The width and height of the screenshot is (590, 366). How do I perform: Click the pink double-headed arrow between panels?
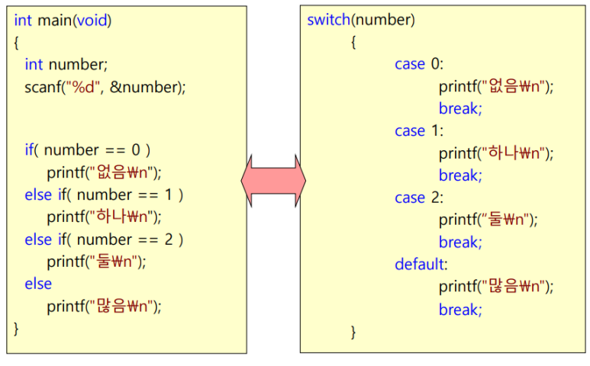273,180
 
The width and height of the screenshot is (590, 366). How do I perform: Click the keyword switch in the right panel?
327,20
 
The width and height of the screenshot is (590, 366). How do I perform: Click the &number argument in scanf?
144,87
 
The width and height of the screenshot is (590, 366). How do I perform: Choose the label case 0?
419,64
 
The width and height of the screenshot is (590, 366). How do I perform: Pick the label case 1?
419,131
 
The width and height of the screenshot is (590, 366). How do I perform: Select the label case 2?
419,197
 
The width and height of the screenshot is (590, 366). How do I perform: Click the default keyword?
419,265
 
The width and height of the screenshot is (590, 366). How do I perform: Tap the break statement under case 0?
460,108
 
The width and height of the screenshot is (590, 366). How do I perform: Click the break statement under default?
460,310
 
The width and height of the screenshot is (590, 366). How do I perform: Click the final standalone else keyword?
38,284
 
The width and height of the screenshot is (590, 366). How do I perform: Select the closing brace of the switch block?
353,332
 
